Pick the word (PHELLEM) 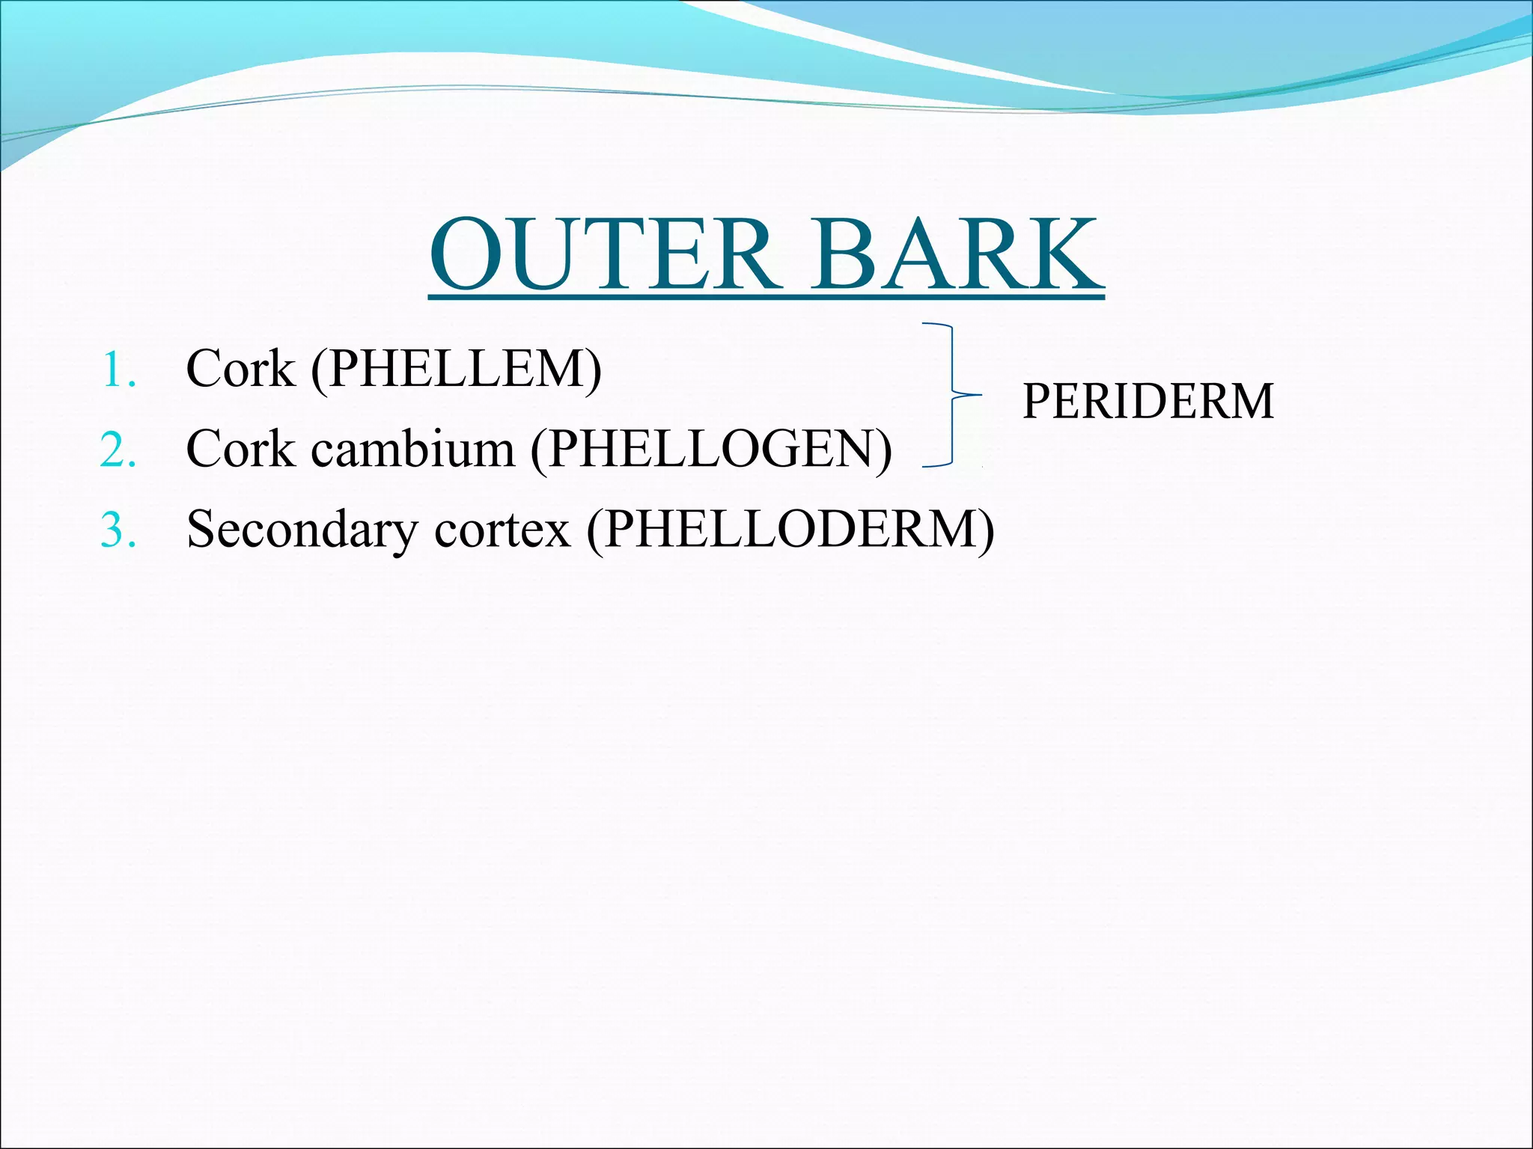(x=456, y=370)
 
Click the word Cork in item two (x=240, y=449)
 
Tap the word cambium (x=412, y=449)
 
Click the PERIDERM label (x=1148, y=402)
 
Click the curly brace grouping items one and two (x=951, y=395)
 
